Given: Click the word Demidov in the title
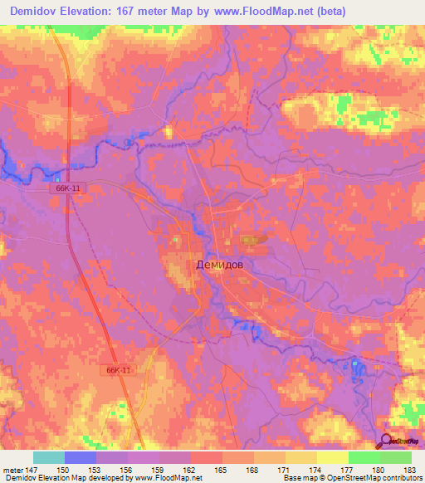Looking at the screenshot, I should point(39,12).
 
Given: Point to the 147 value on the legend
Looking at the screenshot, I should point(33,470).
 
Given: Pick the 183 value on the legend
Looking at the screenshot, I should point(411,470).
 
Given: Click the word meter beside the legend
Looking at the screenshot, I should point(12,470).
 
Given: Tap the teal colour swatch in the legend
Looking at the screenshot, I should point(49,457).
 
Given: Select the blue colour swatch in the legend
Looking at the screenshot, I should point(81,457).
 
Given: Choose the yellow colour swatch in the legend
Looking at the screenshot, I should point(332,457).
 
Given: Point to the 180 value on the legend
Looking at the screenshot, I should point(380,470).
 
